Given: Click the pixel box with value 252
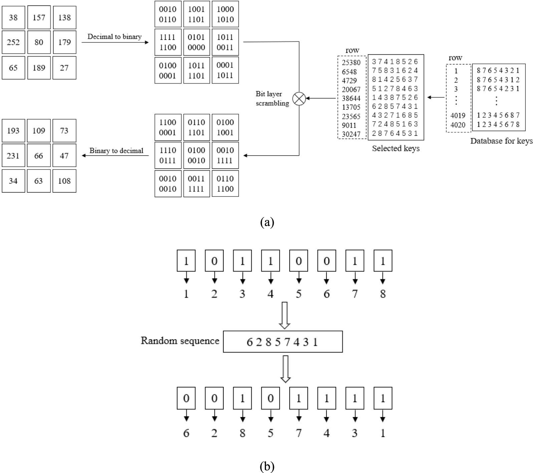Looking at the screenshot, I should coord(13,42).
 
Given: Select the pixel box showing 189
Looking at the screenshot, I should coord(39,68).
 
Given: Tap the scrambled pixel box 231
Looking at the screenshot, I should coord(13,155).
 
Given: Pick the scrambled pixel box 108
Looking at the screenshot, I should coord(64,181).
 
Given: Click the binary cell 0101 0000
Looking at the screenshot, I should coord(196,42).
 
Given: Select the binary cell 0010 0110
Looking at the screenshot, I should coord(168,14).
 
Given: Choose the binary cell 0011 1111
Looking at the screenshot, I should coord(196,184).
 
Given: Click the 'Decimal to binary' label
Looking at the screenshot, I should coord(114,37).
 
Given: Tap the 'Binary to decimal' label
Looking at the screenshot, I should coord(116,151).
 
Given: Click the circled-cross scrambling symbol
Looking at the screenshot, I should coord(299,99).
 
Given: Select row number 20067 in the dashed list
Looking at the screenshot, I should coord(351,89).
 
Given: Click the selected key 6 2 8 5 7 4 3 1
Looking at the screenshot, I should coord(395,106).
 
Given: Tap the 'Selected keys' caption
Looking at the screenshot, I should coord(396,148).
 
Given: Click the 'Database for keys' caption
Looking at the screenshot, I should coord(501,141).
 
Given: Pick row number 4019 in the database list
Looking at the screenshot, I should coord(458,116).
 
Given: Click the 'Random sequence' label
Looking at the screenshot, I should coord(180,341).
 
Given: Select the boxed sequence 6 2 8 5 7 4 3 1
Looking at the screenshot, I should coord(283,342).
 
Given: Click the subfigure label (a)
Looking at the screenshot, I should coord(267,222).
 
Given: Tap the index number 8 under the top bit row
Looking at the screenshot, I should coord(383,294).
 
